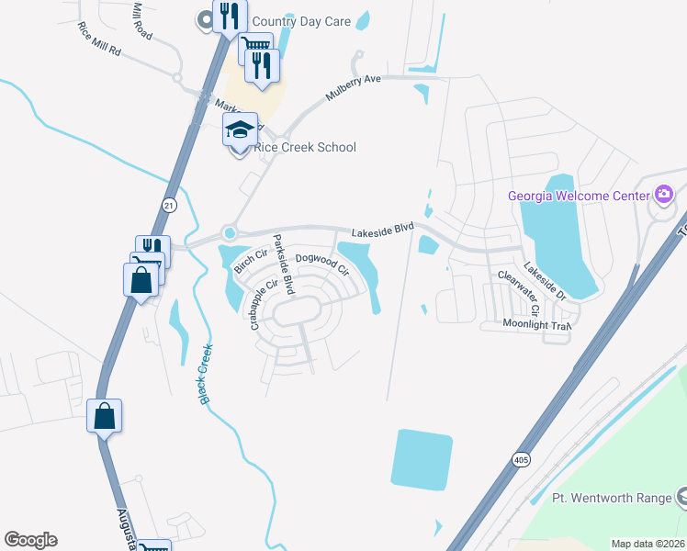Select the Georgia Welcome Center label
point(580,195)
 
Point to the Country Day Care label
point(301,21)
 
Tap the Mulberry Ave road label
point(353,89)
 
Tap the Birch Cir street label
point(249,261)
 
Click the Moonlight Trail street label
point(536,324)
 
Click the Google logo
point(30,540)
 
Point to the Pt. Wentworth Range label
point(612,498)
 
